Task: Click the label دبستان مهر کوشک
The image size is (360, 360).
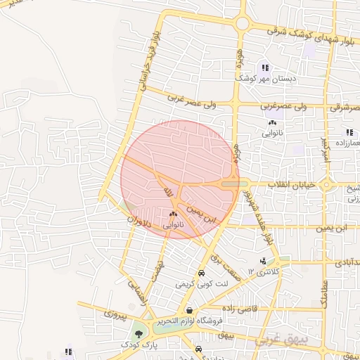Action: (x=271, y=80)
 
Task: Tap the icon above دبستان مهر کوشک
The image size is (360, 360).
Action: (x=265, y=68)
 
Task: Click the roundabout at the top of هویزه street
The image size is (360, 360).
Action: (x=243, y=23)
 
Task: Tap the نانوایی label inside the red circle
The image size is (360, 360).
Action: (x=175, y=226)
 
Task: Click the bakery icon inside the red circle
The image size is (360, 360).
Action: (x=173, y=214)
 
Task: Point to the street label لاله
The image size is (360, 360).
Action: (x=167, y=192)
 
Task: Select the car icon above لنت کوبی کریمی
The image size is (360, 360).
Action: (x=202, y=273)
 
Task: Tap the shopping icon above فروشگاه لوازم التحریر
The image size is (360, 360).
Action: (x=188, y=310)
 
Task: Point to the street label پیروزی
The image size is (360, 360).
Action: (x=111, y=315)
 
